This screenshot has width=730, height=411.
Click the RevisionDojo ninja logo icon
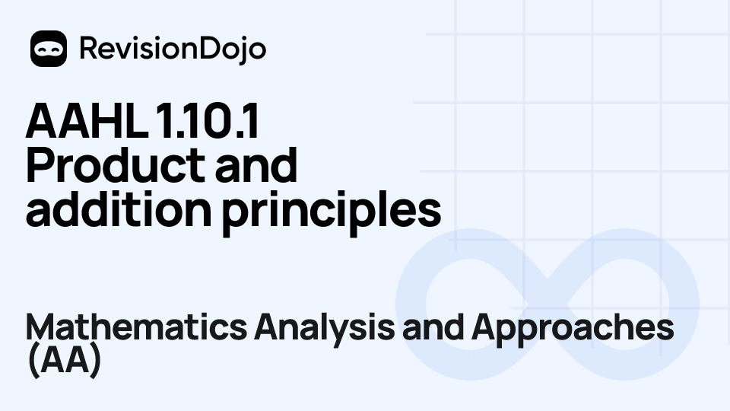click(49, 49)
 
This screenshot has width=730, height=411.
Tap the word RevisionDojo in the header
click(173, 49)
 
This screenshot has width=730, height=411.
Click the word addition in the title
click(118, 210)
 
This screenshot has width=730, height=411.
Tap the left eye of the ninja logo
click(43, 48)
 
